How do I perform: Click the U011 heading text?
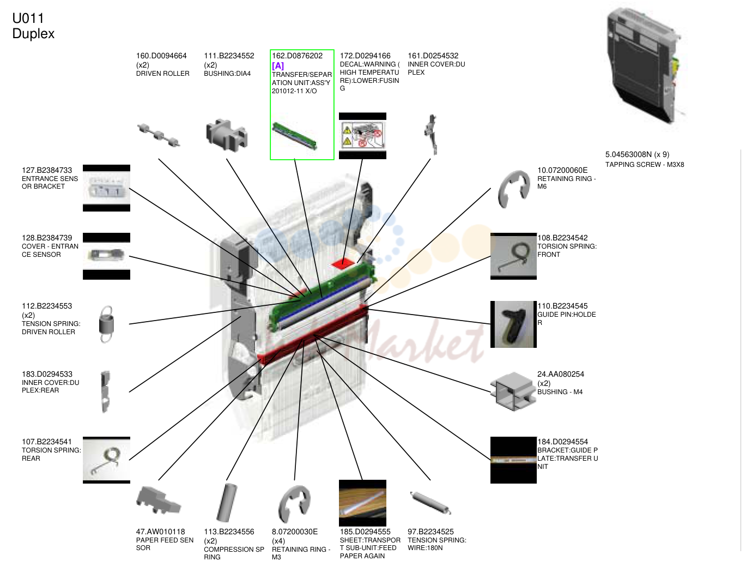point(28,18)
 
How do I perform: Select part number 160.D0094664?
point(161,56)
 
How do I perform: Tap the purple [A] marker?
point(278,65)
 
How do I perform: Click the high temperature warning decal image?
point(362,136)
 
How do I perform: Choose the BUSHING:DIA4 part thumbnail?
point(227,135)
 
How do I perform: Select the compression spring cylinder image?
point(227,503)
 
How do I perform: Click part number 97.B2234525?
point(430,532)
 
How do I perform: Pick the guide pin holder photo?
point(513,324)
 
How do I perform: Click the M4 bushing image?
point(513,391)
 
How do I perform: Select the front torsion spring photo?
point(513,256)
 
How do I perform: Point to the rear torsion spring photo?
point(107,460)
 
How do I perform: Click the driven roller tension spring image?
point(107,324)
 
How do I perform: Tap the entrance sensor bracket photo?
point(107,188)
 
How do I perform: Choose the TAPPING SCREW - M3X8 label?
point(645,165)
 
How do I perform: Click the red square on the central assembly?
point(343,263)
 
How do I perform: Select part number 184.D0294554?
point(562,441)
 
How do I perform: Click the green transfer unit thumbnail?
point(295,136)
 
